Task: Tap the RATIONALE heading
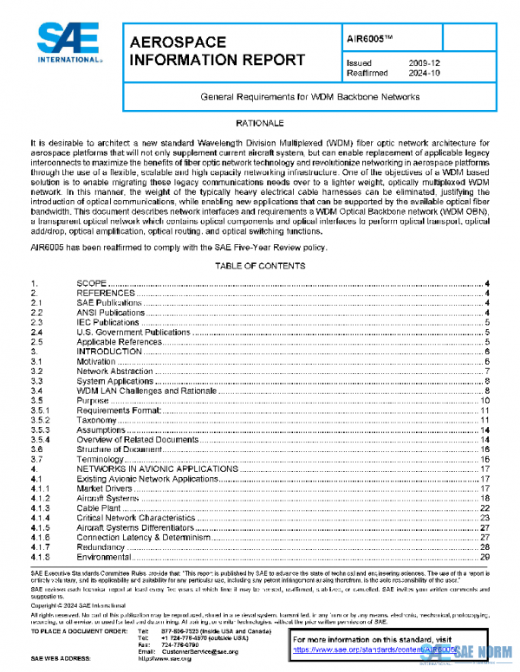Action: pos(260,125)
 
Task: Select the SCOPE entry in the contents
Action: pos(92,284)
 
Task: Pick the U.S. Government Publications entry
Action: pos(130,332)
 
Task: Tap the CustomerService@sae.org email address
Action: pos(199,650)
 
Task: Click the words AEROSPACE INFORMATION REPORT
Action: pos(216,51)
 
